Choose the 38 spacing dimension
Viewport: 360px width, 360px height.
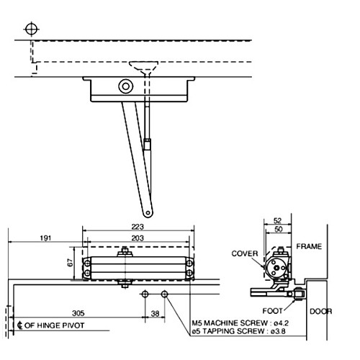point(154,314)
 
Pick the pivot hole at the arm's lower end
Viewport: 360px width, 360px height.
point(148,212)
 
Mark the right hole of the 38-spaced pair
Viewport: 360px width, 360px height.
point(164,294)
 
